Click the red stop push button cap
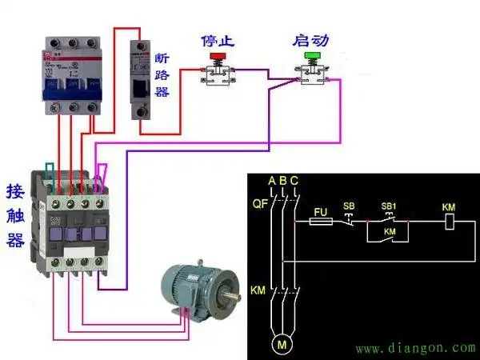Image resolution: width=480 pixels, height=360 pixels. [x=217, y=57]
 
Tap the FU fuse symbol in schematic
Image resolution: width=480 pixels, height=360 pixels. [x=320, y=220]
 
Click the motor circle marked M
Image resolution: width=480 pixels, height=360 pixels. [x=281, y=345]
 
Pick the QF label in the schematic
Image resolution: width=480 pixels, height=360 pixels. [x=260, y=204]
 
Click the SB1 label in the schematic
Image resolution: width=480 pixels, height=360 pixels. [x=389, y=206]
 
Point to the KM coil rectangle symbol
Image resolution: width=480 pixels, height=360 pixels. [x=449, y=222]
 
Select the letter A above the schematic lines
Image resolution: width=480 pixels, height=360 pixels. [x=272, y=181]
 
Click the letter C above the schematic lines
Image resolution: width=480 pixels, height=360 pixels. [x=295, y=181]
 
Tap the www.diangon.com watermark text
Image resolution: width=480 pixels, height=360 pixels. [x=415, y=349]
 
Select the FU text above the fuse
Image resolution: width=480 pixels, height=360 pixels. [x=320, y=210]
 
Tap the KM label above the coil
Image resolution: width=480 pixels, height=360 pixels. [x=449, y=207]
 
